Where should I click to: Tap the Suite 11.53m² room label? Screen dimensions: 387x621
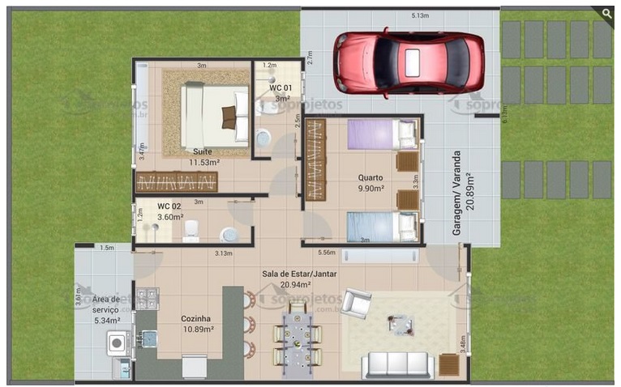tap(203, 157)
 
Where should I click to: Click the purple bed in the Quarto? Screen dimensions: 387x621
tap(382, 134)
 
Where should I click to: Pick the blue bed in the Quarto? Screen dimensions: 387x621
tap(382, 226)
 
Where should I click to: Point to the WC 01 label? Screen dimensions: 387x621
tap(281, 91)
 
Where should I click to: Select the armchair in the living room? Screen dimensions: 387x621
tap(355, 304)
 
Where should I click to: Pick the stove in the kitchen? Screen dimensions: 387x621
tap(146, 299)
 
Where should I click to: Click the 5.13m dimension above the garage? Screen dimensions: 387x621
tap(419, 15)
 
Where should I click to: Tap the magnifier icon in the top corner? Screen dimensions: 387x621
tap(606, 12)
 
